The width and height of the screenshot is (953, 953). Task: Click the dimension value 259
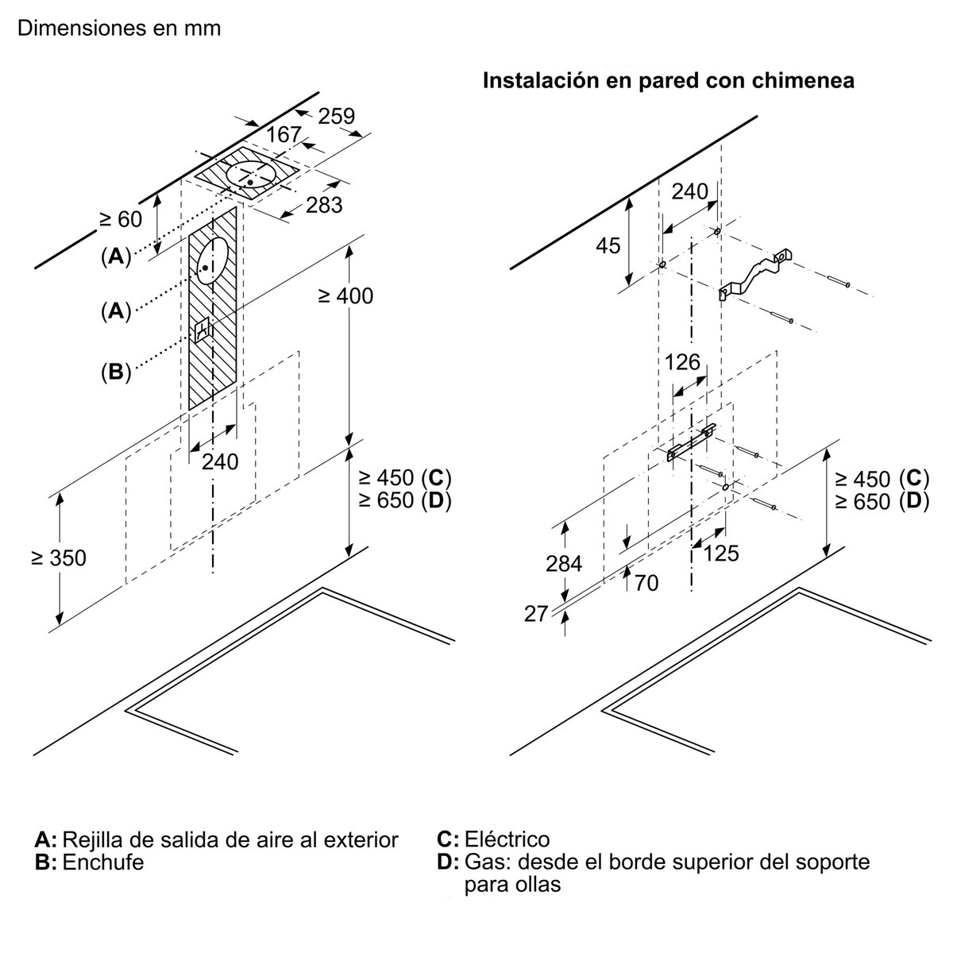click(336, 116)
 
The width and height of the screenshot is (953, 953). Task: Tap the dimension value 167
click(284, 134)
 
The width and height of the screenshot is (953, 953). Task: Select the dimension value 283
click(324, 205)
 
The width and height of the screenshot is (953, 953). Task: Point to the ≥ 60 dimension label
click(121, 219)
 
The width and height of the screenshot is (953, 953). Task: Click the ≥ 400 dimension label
click(345, 295)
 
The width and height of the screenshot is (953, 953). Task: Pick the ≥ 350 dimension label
click(59, 558)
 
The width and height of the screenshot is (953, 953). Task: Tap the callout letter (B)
click(116, 372)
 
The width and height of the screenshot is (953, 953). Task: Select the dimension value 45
click(608, 245)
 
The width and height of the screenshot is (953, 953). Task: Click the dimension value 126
click(682, 362)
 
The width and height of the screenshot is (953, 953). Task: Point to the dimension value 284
click(564, 564)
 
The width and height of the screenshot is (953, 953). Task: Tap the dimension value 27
click(536, 614)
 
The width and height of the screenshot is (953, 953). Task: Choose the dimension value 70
click(646, 583)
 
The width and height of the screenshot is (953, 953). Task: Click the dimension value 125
click(720, 554)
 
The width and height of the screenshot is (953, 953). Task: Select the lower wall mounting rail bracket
click(692, 442)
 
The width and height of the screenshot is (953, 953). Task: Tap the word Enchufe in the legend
click(103, 862)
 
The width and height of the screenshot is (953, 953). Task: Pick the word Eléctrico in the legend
click(507, 839)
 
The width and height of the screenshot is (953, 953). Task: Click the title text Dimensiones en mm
click(119, 28)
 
